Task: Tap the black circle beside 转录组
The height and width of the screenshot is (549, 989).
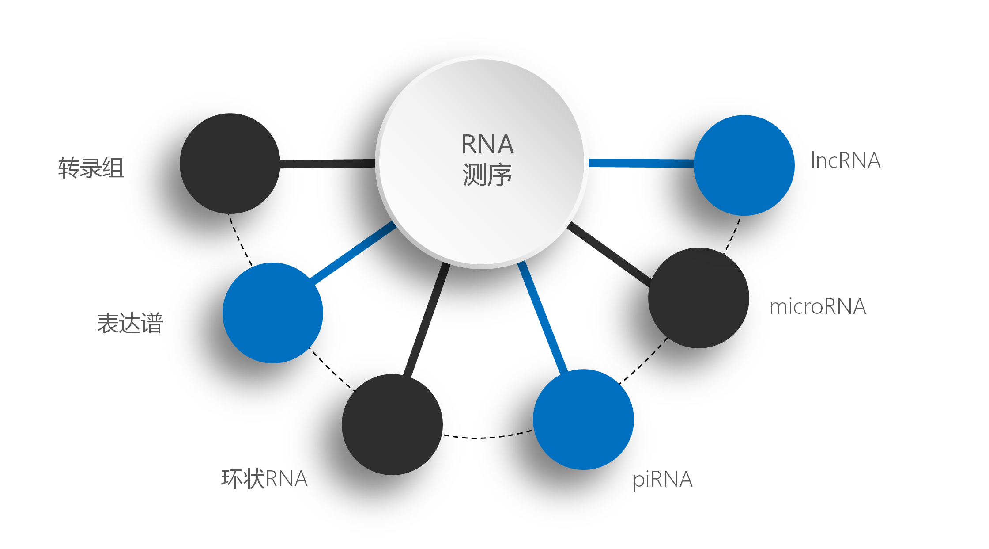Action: tap(230, 164)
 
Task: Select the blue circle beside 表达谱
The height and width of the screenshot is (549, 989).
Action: tap(273, 313)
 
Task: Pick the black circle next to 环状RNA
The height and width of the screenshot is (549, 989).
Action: tap(392, 424)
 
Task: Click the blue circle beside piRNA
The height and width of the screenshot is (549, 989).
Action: tap(583, 419)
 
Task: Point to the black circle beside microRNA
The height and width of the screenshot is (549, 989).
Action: tap(698, 297)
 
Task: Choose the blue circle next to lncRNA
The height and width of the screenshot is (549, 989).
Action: tap(744, 165)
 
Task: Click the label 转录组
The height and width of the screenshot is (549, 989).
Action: tap(91, 168)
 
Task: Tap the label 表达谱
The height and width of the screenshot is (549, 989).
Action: tap(130, 323)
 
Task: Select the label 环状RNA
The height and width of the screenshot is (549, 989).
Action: tap(264, 479)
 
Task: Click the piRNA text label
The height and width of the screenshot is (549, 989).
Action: tap(662, 480)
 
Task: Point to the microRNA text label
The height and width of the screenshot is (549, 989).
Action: tap(818, 306)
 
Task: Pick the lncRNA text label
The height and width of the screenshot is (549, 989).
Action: tap(846, 160)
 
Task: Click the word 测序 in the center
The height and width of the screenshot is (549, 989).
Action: tap(487, 175)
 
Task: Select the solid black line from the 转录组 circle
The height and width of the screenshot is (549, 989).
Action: tap(327, 164)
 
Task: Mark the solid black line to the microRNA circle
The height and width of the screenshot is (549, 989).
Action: tap(609, 254)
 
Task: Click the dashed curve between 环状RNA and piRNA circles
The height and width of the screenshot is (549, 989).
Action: tap(486, 437)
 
